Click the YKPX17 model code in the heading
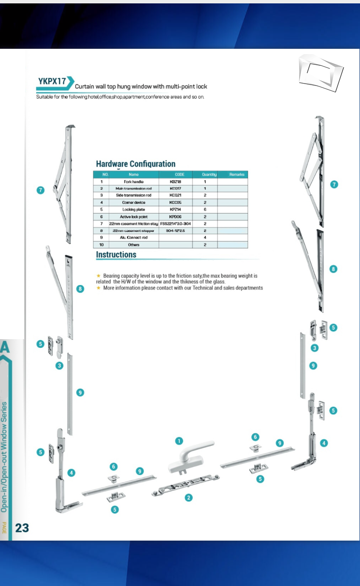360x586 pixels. (52, 82)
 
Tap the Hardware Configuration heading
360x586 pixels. (135, 164)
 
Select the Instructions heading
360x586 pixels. (116, 255)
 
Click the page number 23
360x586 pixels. (22, 528)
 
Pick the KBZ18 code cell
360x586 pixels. (175, 182)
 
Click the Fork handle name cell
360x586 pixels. (134, 182)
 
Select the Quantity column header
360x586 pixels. (205, 174)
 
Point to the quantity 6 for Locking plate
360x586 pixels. (205, 210)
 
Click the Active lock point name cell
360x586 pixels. (134, 217)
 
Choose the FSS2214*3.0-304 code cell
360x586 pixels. (175, 224)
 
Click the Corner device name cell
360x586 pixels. (134, 202)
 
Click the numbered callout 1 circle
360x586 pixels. (179, 441)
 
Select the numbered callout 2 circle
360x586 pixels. (189, 497)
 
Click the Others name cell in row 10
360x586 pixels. (134, 245)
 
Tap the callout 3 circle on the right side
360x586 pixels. (315, 348)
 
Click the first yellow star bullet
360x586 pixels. (99, 276)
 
